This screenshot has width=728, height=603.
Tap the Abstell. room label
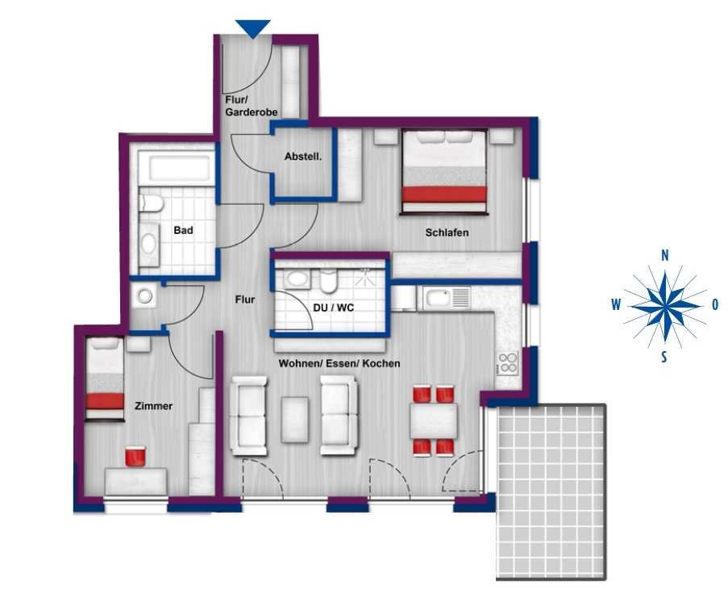303,157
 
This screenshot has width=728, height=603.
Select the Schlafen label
447,232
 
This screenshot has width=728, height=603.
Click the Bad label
183,230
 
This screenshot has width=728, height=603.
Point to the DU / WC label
333,308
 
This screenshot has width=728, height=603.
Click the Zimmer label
153,406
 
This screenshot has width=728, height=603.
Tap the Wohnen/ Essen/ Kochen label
339,363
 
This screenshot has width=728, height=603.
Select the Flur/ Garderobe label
252,106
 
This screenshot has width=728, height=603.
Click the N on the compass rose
665,255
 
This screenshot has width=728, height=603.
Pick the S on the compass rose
664,357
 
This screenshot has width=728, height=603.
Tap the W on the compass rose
616,305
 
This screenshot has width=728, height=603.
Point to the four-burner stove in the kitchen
507,363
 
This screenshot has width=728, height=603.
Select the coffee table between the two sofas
295,420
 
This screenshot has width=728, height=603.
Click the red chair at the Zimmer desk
135,455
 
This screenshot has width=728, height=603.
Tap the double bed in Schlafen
444,172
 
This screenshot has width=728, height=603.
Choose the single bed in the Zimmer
105,379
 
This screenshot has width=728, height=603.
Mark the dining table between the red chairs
434,421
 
